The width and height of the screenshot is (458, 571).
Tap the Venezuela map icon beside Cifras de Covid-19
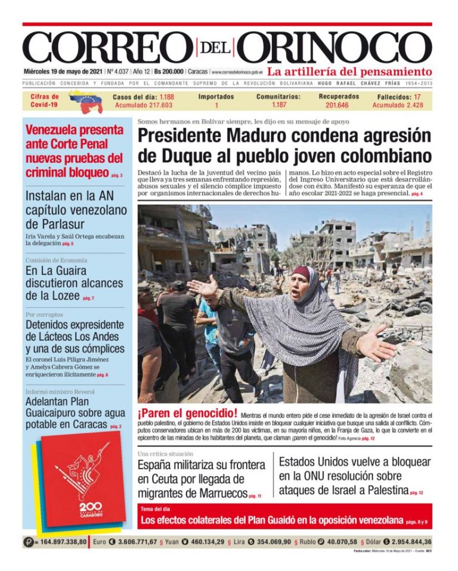tap(85, 101)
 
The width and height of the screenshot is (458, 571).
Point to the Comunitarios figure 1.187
tap(279, 105)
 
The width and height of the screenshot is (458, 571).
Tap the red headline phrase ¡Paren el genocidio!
tap(187, 414)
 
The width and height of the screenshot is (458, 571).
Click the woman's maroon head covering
tap(302, 274)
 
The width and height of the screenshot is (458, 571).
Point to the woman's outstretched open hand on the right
tap(374, 345)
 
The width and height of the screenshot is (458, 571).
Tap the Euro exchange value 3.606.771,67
tap(129, 542)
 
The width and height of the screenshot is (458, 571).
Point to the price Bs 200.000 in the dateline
tap(169, 71)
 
